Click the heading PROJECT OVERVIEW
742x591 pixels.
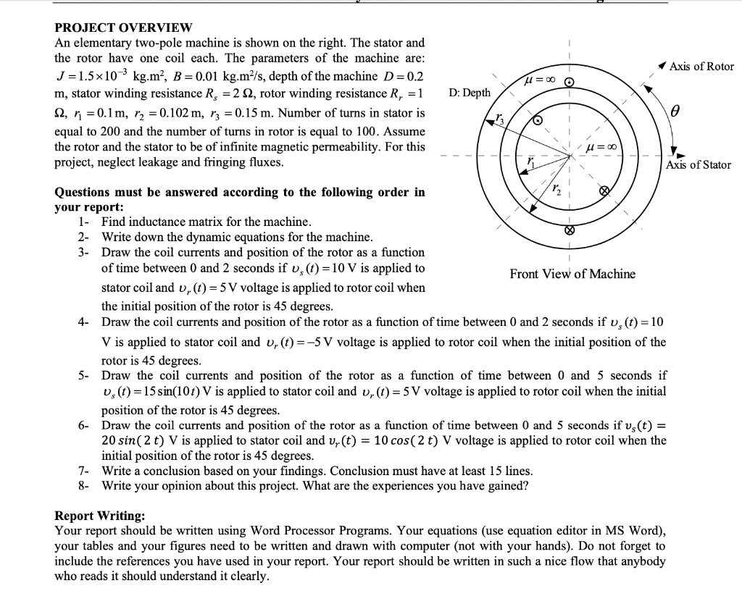[x=124, y=28]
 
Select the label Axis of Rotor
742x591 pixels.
[x=701, y=67]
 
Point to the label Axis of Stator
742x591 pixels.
[x=699, y=164]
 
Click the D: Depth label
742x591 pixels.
[x=470, y=93]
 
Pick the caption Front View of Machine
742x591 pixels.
[x=572, y=274]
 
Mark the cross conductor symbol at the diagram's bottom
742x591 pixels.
[x=569, y=232]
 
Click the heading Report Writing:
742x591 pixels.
[x=100, y=516]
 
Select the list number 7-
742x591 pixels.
[x=85, y=471]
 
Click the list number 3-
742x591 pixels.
[x=85, y=252]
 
